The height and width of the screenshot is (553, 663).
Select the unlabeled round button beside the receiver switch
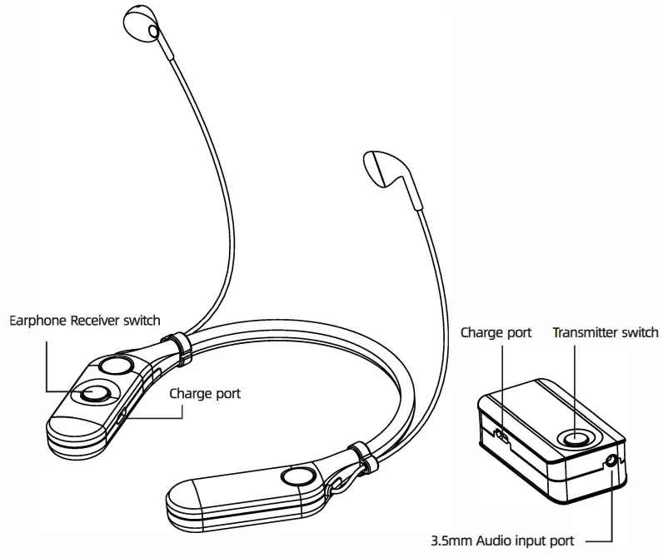tap(115, 366)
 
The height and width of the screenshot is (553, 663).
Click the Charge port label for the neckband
tap(205, 393)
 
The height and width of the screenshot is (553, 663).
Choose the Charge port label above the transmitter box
tap(496, 332)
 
